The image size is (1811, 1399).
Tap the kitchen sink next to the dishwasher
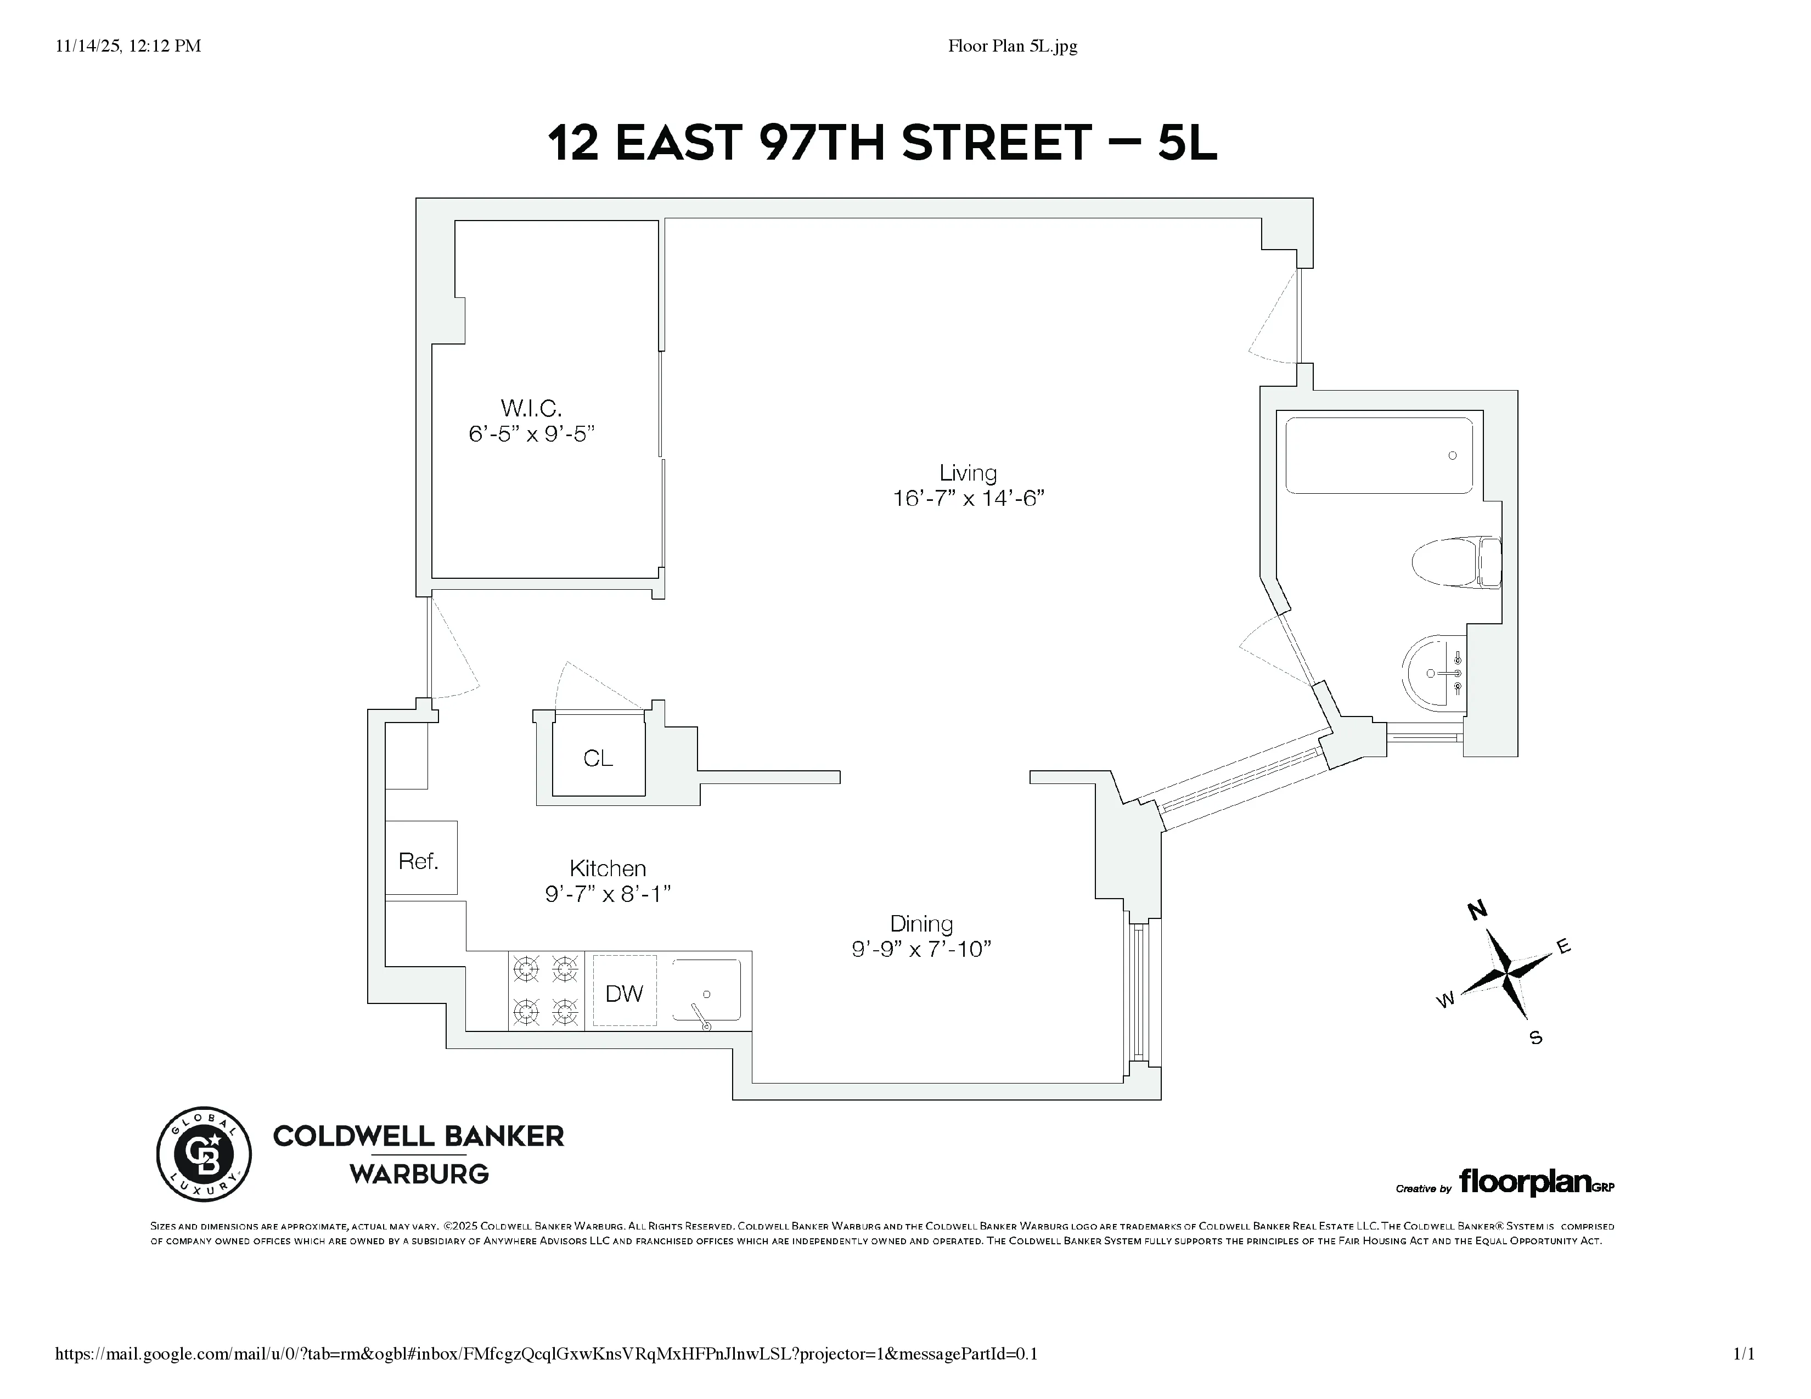point(706,991)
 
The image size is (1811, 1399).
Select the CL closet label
point(598,758)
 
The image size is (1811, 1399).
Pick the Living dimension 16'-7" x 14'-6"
point(968,498)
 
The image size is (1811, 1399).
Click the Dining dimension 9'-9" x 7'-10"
point(921,949)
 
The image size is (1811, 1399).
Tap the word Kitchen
point(608,868)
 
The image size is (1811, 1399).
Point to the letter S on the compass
point(1536,1037)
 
